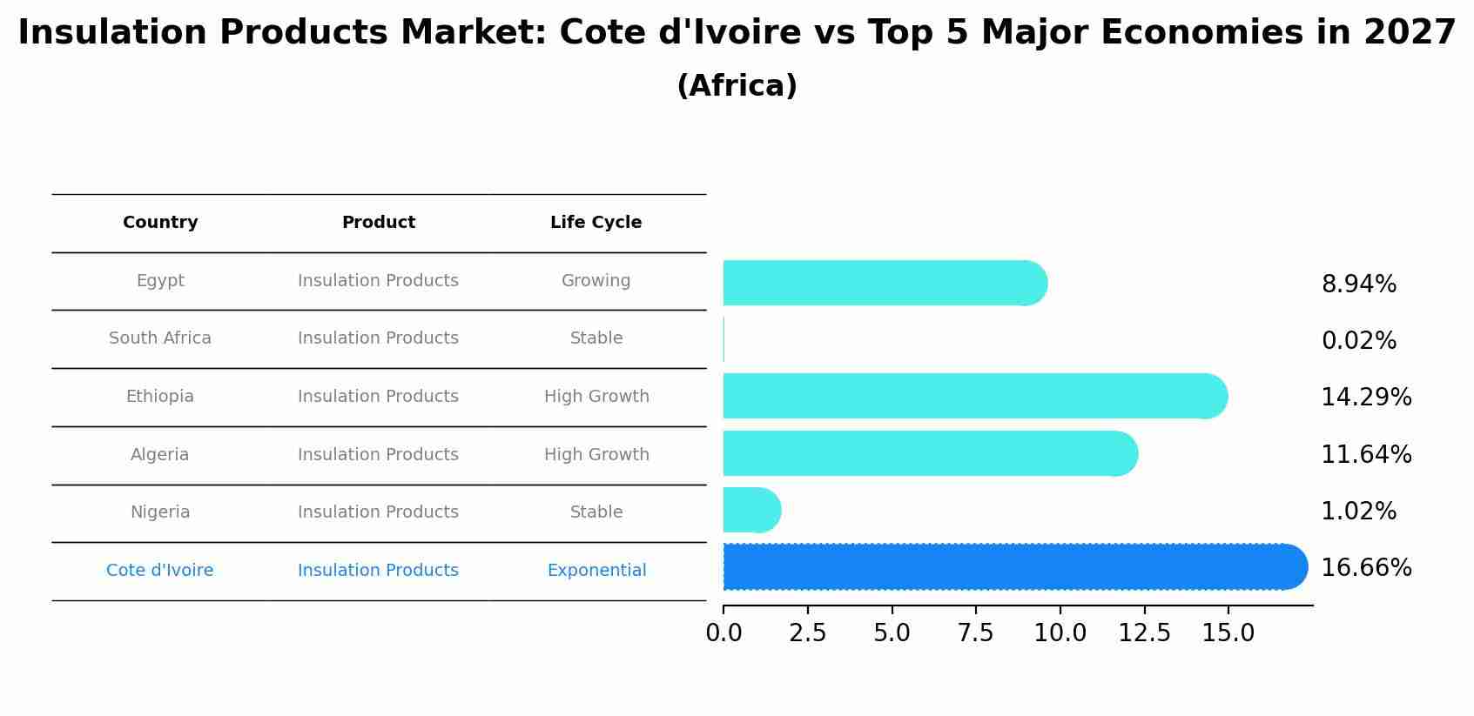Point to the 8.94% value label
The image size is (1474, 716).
click(x=1358, y=284)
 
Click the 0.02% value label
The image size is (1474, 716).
click(x=1358, y=341)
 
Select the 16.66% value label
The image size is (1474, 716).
click(x=1365, y=568)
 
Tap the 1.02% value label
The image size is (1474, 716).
click(x=1358, y=512)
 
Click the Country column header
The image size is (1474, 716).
click(x=160, y=223)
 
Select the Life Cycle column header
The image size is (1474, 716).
click(x=596, y=223)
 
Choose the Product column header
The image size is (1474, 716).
click(x=378, y=223)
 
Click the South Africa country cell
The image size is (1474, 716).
click(x=160, y=338)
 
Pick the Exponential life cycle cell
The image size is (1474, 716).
click(x=596, y=571)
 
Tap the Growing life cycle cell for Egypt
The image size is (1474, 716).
click(x=596, y=281)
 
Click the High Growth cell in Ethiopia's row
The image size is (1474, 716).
click(x=596, y=397)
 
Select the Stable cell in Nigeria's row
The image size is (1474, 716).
click(x=596, y=512)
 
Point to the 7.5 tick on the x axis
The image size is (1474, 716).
click(x=975, y=633)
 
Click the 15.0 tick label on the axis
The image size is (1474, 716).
click(x=1228, y=633)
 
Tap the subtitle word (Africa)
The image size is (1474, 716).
click(x=737, y=86)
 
